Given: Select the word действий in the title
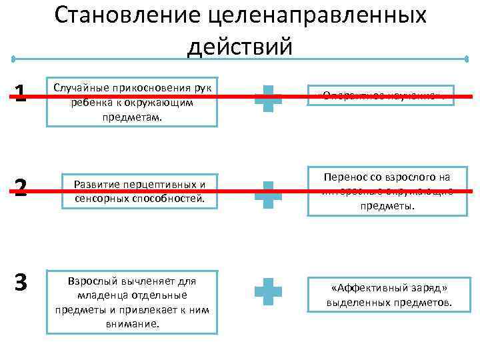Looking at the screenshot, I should click(240, 47).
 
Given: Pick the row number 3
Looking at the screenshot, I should click(21, 283).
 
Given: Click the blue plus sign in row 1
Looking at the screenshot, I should click(268, 98).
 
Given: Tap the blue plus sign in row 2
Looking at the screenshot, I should click(268, 193).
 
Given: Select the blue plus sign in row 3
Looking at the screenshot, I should click(268, 291).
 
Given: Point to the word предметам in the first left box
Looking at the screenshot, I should click(132, 117).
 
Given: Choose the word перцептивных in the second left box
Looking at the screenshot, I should click(155, 183).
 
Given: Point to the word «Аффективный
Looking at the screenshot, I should click(364, 288).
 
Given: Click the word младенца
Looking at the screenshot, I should click(99, 295).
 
